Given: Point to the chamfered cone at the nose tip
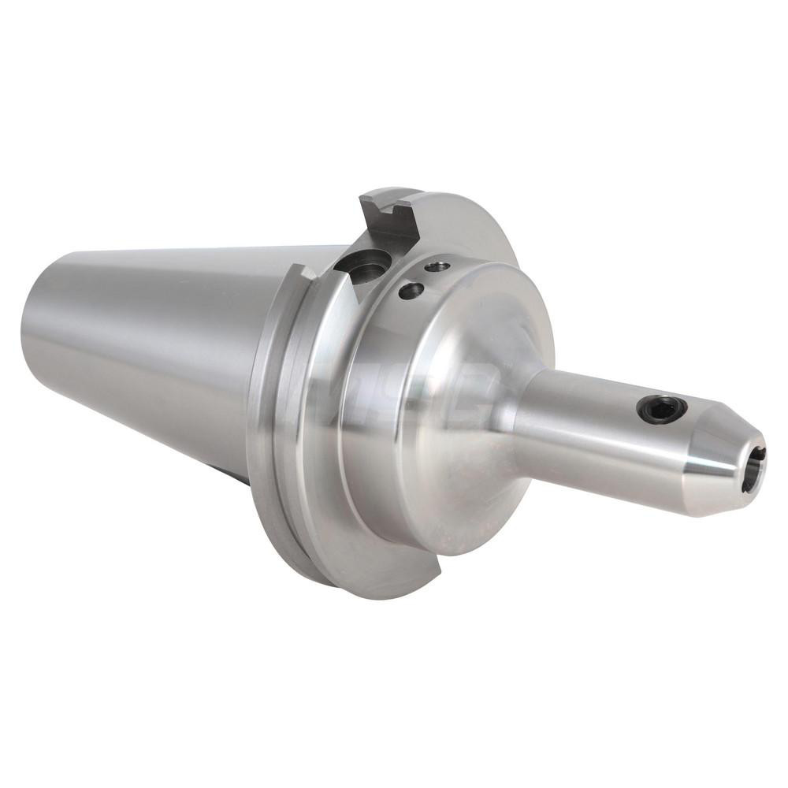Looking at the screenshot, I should [x=721, y=465].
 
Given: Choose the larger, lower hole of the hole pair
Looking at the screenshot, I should [x=411, y=291].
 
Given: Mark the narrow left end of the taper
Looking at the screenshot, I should [x=35, y=331].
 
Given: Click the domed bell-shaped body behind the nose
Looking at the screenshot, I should [x=441, y=441].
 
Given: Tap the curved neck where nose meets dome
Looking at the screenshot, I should [x=516, y=418].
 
